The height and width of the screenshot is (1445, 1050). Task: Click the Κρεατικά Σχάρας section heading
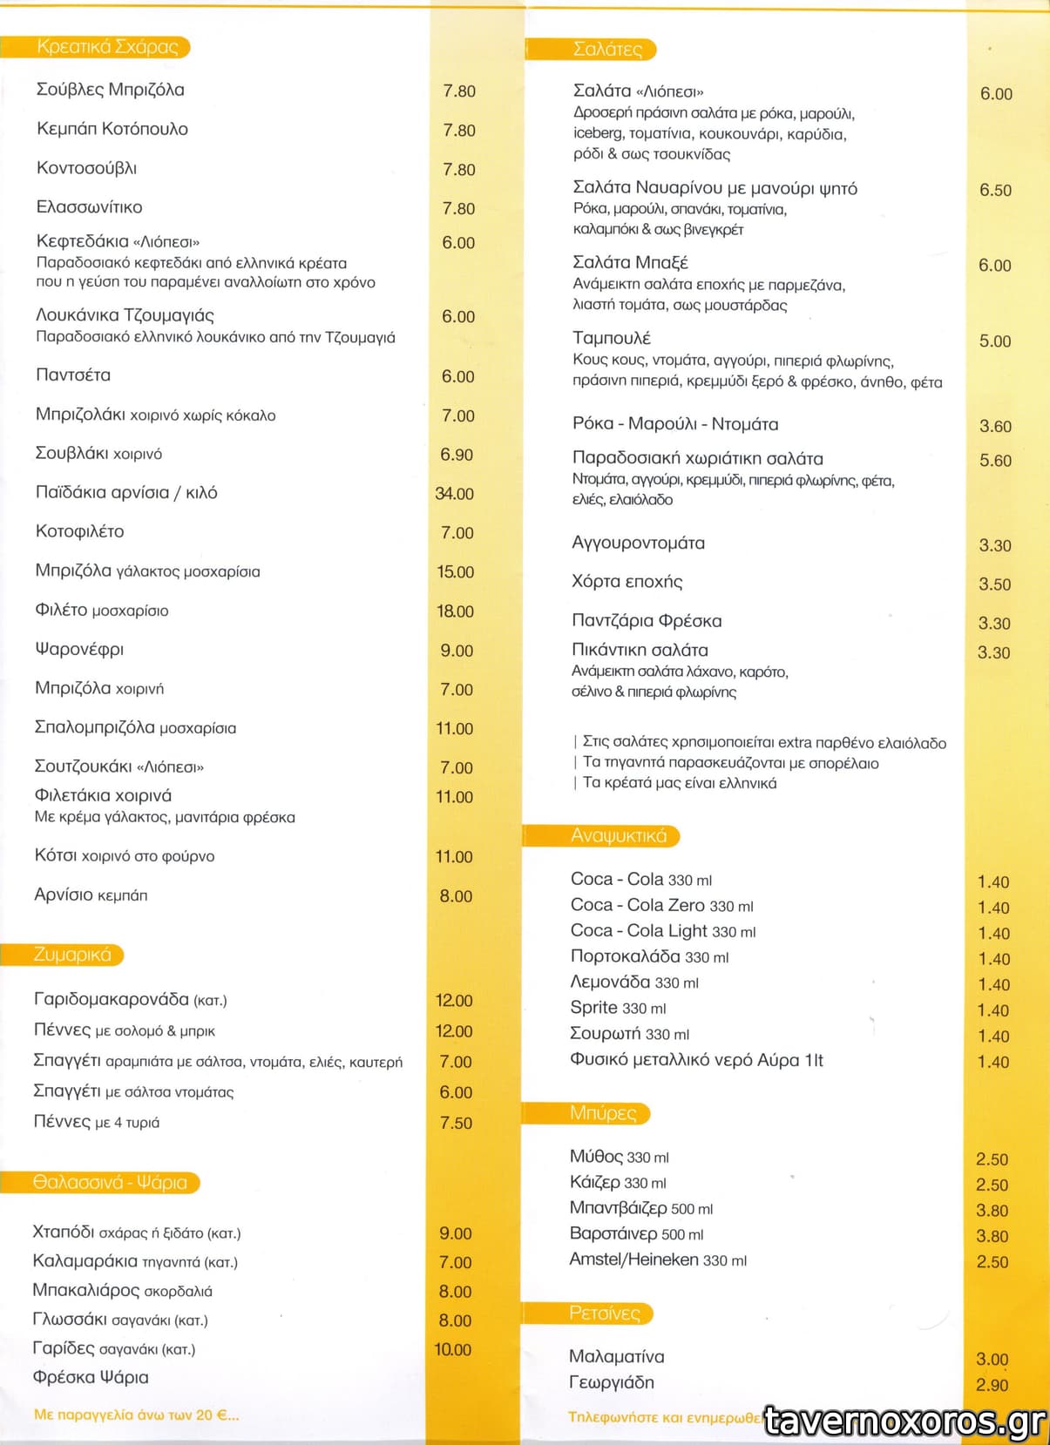pos(106,47)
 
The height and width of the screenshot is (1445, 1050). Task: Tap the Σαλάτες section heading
pos(607,50)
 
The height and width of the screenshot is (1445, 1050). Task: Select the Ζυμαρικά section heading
pos(72,955)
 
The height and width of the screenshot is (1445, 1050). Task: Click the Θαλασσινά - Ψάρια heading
pos(110,1182)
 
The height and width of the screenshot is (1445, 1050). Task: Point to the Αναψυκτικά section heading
pos(618,836)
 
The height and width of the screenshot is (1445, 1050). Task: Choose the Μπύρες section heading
pos(602,1113)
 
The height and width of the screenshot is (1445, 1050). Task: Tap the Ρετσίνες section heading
pos(604,1313)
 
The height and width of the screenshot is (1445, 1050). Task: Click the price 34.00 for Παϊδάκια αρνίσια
pos(454,494)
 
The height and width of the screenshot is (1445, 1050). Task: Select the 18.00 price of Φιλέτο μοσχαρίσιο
pos(455,611)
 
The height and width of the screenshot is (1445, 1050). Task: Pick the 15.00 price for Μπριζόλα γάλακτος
pos(455,572)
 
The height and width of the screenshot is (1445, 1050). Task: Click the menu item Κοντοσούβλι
pos(86,168)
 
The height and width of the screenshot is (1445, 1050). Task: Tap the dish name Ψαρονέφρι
pos(79,649)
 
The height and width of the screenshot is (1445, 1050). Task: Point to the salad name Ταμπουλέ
pos(611,338)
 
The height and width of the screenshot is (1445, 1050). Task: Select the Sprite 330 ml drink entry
pos(618,1008)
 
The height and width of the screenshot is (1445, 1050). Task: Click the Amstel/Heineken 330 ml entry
pos(658,1259)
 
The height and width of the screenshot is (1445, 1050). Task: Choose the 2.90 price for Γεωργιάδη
pos(992,1385)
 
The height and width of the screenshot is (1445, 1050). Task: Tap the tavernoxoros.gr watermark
pos(904,1421)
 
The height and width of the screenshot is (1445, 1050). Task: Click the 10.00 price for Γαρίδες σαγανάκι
pos(452,1349)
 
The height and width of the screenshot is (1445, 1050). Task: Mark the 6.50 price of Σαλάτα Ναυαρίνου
pos(995,191)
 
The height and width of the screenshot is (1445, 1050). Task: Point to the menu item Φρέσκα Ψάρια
pos(91,1377)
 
